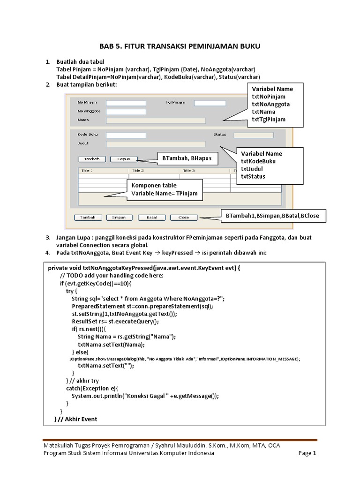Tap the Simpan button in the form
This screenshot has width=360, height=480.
tap(119, 217)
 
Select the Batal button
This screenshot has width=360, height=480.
tap(151, 217)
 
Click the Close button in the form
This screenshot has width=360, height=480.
tap(184, 217)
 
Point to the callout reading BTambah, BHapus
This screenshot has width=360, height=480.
tap(187, 158)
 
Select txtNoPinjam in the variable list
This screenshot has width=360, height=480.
tap(269, 97)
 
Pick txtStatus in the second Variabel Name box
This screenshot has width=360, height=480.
tap(253, 177)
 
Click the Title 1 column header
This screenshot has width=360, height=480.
tap(88, 171)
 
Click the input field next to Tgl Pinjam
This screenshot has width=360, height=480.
tap(210, 103)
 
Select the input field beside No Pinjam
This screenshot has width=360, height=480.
tap(126, 103)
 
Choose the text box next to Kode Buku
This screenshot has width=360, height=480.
tap(126, 135)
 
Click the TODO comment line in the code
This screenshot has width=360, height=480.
tap(112, 276)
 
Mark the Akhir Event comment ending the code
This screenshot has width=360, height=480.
tap(78, 419)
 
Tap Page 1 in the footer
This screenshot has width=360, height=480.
tap(307, 453)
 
